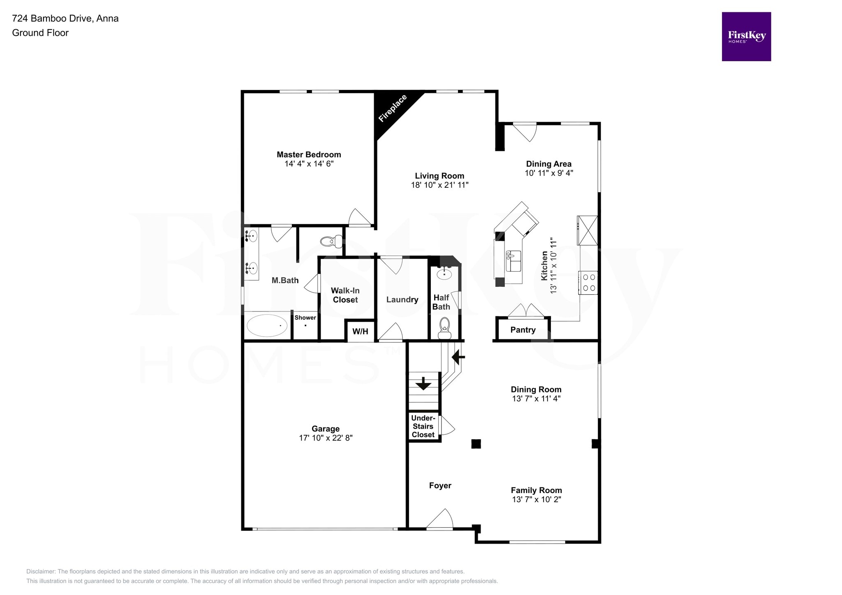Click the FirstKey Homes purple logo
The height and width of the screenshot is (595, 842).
(746, 37)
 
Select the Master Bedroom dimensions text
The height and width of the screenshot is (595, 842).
(309, 164)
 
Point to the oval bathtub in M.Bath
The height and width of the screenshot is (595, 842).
(267, 326)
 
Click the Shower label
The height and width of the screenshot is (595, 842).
(305, 318)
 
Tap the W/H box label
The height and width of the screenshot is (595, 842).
(360, 332)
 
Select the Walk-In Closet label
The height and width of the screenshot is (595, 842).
(345, 295)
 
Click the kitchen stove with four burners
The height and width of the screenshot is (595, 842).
(588, 283)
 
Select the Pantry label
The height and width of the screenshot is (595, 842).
(523, 330)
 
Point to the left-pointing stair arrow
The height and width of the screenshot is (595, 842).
(458, 357)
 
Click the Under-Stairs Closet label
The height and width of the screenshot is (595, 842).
(423, 427)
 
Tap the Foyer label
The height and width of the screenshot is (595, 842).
(440, 486)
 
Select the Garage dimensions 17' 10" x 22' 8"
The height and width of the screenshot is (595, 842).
(326, 438)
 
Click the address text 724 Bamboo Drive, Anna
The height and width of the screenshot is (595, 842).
(65, 18)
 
